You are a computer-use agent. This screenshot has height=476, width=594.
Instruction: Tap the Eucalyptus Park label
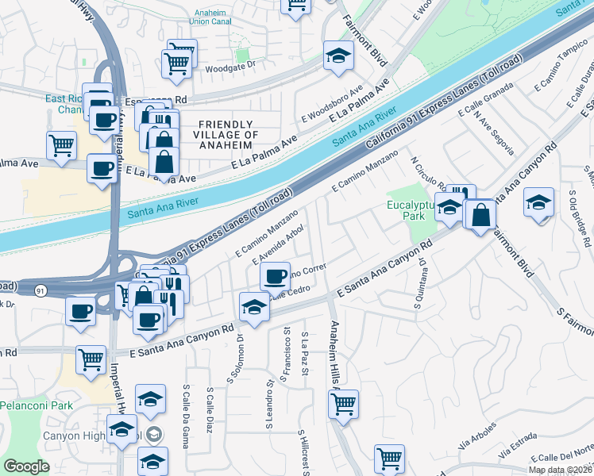point(412,210)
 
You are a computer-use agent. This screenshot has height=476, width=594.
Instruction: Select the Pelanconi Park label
point(36,405)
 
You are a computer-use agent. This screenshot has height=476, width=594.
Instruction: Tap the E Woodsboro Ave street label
point(332,106)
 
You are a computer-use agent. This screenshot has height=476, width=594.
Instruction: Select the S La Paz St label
point(305,356)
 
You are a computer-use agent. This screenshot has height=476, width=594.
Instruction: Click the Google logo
point(26,466)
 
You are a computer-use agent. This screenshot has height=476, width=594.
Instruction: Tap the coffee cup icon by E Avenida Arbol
point(275,276)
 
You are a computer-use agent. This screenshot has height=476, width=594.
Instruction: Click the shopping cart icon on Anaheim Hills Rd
point(343,403)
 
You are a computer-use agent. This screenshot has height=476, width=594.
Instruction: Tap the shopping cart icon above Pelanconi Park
point(91,359)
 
